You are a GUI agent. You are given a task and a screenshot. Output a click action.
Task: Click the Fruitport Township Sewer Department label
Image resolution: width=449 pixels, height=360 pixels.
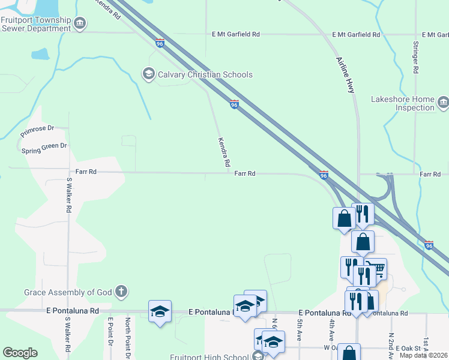[x=36, y=23]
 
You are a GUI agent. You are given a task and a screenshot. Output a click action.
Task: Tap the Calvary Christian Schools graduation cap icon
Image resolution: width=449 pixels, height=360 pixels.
[x=148, y=74]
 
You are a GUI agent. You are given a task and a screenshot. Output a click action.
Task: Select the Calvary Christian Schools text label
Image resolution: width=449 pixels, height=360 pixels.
[x=205, y=74]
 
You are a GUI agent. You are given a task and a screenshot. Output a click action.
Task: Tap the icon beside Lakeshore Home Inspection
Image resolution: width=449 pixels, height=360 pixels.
[x=443, y=103]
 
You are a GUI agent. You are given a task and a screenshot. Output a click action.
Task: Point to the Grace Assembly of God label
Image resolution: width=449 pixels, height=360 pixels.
[x=68, y=293]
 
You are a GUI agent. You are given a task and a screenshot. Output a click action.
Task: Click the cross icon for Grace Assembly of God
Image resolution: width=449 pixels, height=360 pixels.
[x=121, y=293]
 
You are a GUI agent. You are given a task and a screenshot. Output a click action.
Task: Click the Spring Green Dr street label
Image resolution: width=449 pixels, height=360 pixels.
[x=44, y=146]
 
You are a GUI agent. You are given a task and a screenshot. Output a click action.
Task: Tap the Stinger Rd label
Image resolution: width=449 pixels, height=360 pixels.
[x=415, y=58]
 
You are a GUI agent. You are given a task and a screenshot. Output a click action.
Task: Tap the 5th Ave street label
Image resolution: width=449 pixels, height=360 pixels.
[x=299, y=331]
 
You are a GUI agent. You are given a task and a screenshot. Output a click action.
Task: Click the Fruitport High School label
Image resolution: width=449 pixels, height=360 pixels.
[x=209, y=357]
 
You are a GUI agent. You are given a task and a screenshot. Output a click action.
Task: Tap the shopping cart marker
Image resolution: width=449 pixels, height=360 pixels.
[x=376, y=269]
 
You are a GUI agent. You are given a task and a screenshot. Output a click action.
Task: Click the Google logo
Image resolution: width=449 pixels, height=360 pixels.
[x=20, y=353]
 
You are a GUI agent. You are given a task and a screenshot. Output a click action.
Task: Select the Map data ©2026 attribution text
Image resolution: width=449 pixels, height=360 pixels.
[x=424, y=355]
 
